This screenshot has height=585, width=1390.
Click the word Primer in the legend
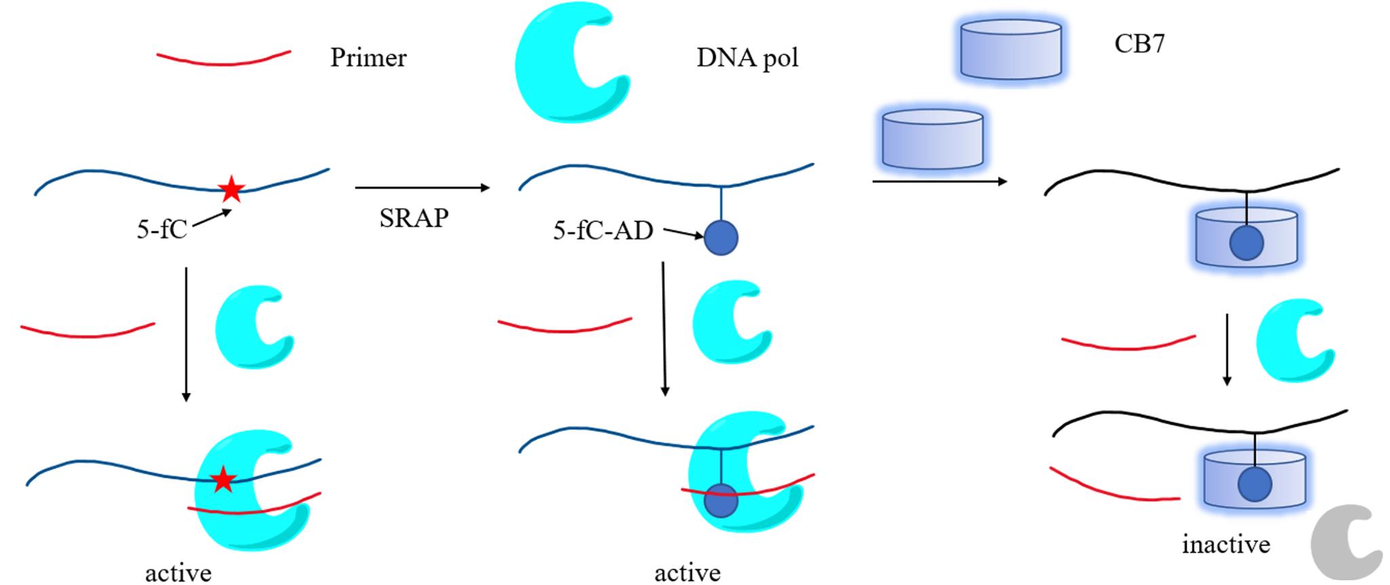coord(368,58)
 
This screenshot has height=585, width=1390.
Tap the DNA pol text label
coord(747,58)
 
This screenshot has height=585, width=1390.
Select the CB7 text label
coord(1139,44)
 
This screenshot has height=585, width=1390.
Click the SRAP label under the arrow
coord(414,218)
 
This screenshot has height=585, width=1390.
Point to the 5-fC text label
coord(161,230)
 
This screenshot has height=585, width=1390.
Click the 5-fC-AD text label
coord(602,231)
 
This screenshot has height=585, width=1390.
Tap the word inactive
coord(1226,544)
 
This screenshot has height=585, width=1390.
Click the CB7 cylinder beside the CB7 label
coord(1011,49)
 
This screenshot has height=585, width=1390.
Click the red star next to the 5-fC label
coord(231,189)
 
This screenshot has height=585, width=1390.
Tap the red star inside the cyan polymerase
coord(223,480)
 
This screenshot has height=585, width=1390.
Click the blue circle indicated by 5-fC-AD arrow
coord(720,238)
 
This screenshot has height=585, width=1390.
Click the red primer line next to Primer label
coord(224,60)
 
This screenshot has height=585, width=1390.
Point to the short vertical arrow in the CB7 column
coord(1227,350)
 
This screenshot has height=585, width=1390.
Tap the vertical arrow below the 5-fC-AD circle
coord(664,329)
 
